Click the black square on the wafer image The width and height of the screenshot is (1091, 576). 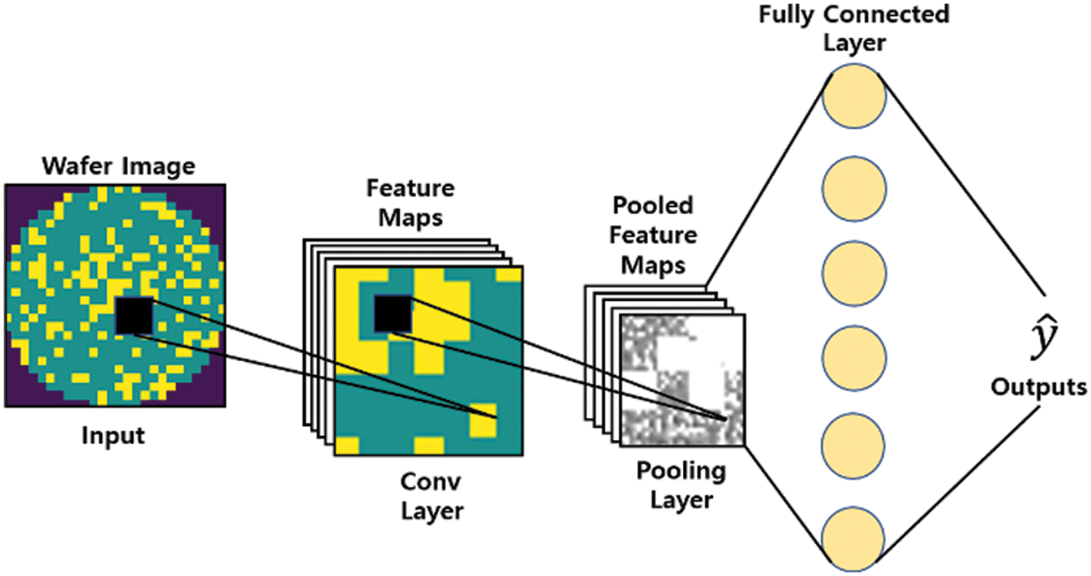[x=135, y=316]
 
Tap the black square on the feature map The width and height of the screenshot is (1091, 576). [x=393, y=315]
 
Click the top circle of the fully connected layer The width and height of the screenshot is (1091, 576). [x=854, y=97]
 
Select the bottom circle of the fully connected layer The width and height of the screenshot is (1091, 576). [x=854, y=540]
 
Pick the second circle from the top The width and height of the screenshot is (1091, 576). [x=854, y=185]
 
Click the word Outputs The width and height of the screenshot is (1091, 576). [x=1039, y=386]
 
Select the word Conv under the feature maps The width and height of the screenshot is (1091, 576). [x=422, y=482]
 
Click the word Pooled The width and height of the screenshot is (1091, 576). [x=652, y=206]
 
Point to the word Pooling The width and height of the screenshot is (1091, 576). [x=681, y=472]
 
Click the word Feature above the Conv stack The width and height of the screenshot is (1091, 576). [x=410, y=189]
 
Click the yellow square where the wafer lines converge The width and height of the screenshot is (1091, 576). [x=483, y=419]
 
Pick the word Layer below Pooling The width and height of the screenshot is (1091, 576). [x=681, y=501]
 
